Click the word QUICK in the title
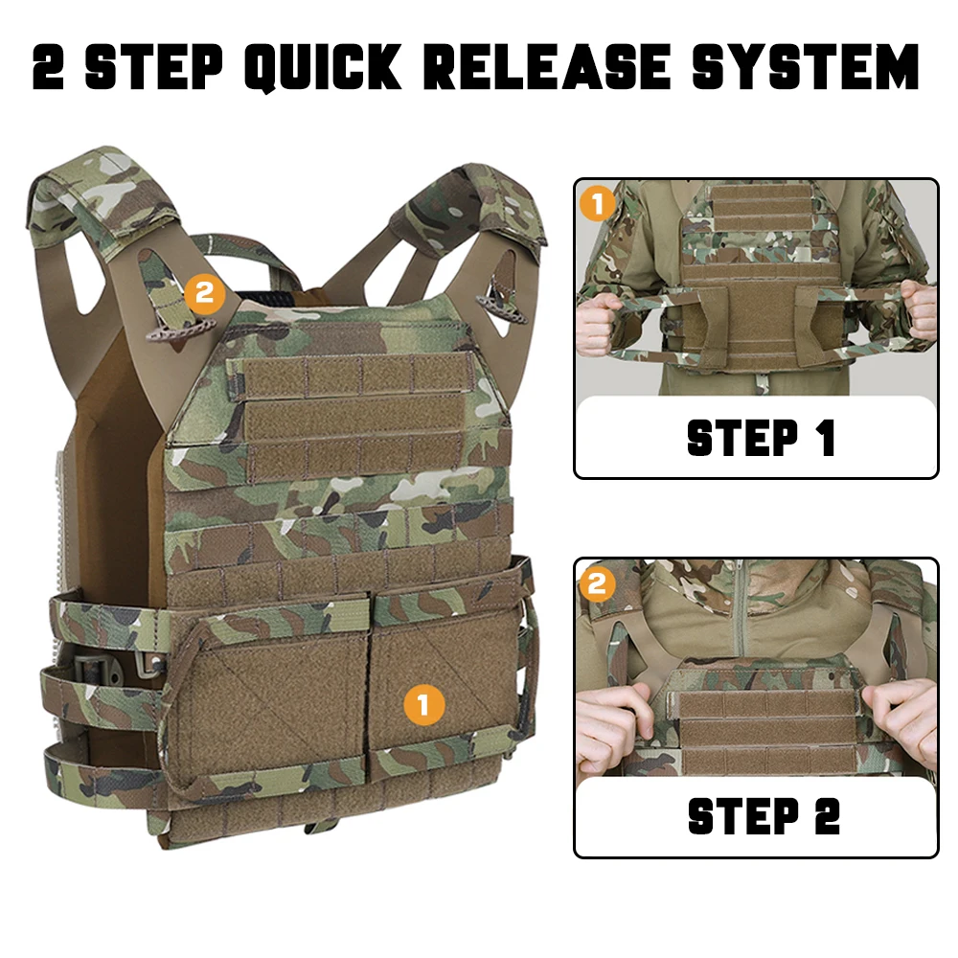[x=323, y=67]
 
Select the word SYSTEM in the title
[x=806, y=66]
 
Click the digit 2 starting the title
[x=48, y=66]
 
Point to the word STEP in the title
[x=153, y=66]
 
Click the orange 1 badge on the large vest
[x=423, y=705]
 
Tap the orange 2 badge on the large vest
[x=204, y=294]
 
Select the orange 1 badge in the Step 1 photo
[x=597, y=203]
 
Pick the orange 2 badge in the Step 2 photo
[x=597, y=584]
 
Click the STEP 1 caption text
[x=761, y=438]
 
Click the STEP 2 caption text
[x=764, y=816]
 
